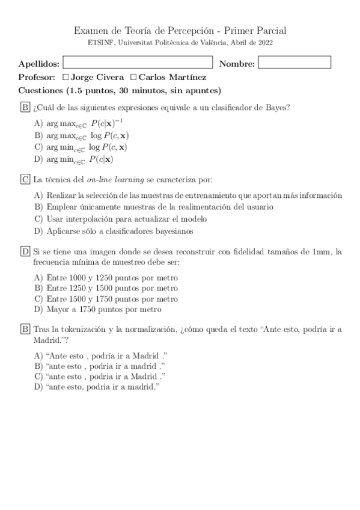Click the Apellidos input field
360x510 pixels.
pos(138,63)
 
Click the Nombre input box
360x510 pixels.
pos(294,63)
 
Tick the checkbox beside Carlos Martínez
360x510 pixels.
pos(133,78)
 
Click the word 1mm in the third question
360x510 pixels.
pos(323,251)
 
